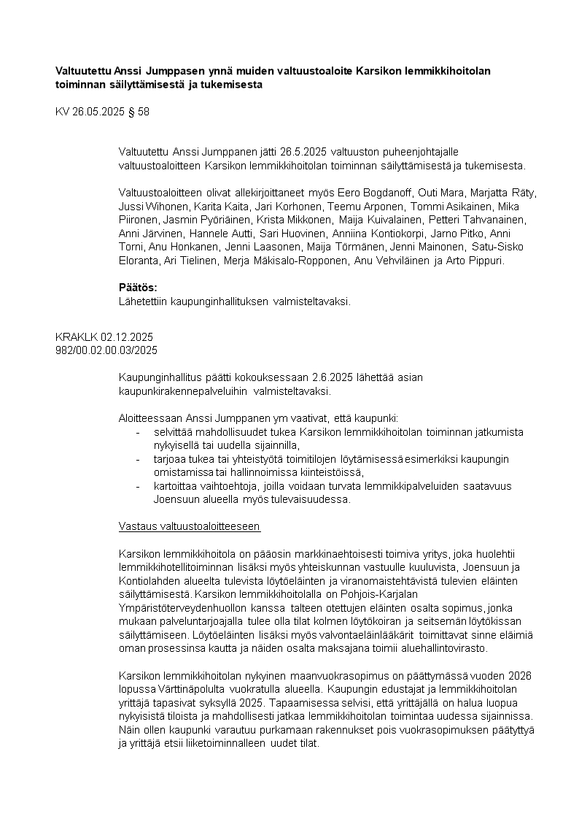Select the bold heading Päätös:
point(138,287)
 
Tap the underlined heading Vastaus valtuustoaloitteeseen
point(189,526)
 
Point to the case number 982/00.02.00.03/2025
point(106,350)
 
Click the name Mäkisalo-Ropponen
point(300,261)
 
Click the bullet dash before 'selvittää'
point(138,432)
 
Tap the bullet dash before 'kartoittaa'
point(138,486)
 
